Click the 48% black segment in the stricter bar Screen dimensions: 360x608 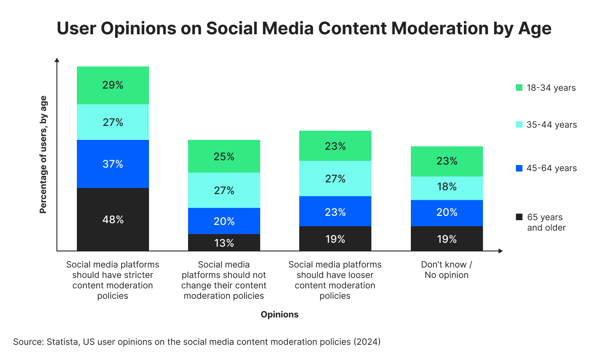pyautogui.click(x=113, y=219)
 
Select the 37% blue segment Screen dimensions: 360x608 pyautogui.click(x=113, y=164)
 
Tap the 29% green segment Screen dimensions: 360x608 pyautogui.click(x=113, y=85)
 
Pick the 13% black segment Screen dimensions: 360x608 pyautogui.click(x=224, y=243)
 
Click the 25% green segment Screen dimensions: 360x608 pyautogui.click(x=224, y=156)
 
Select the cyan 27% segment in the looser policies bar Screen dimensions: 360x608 pyautogui.click(x=335, y=178)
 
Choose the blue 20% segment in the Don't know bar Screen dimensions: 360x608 pyautogui.click(x=447, y=213)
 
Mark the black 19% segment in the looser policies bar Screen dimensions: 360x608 pyautogui.click(x=335, y=239)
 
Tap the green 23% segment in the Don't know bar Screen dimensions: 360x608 pyautogui.click(x=447, y=161)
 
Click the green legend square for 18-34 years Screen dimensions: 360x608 pyautogui.click(x=519, y=88)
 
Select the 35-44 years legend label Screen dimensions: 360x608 pyautogui.click(x=552, y=125)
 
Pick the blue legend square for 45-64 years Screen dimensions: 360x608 pyautogui.click(x=519, y=168)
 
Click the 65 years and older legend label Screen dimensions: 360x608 pyautogui.click(x=546, y=222)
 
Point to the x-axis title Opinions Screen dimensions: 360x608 pyautogui.click(x=280, y=314)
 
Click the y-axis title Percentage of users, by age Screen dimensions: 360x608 pyautogui.click(x=43, y=155)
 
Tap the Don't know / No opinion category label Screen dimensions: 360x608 pyautogui.click(x=446, y=270)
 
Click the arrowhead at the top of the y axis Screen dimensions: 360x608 pyautogui.click(x=56, y=60)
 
